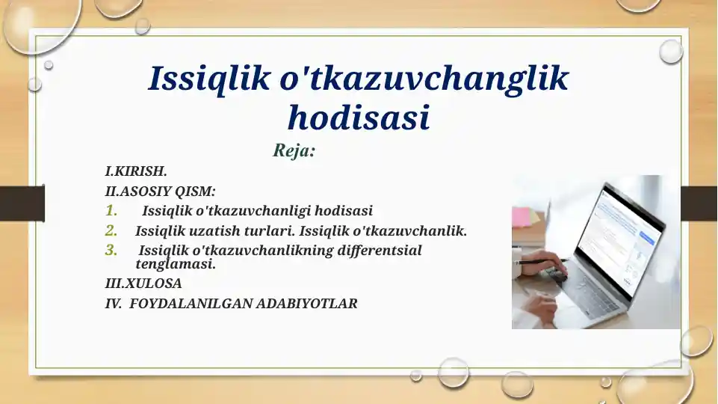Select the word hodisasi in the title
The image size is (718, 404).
point(359,118)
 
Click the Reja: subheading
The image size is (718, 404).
point(294,151)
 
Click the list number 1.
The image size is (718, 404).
point(111,211)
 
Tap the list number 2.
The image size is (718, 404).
point(111,230)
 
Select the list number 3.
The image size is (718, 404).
point(111,250)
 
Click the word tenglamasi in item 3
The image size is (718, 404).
point(176,264)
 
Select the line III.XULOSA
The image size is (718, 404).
point(143,284)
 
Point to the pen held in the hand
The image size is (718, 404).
point(539,263)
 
